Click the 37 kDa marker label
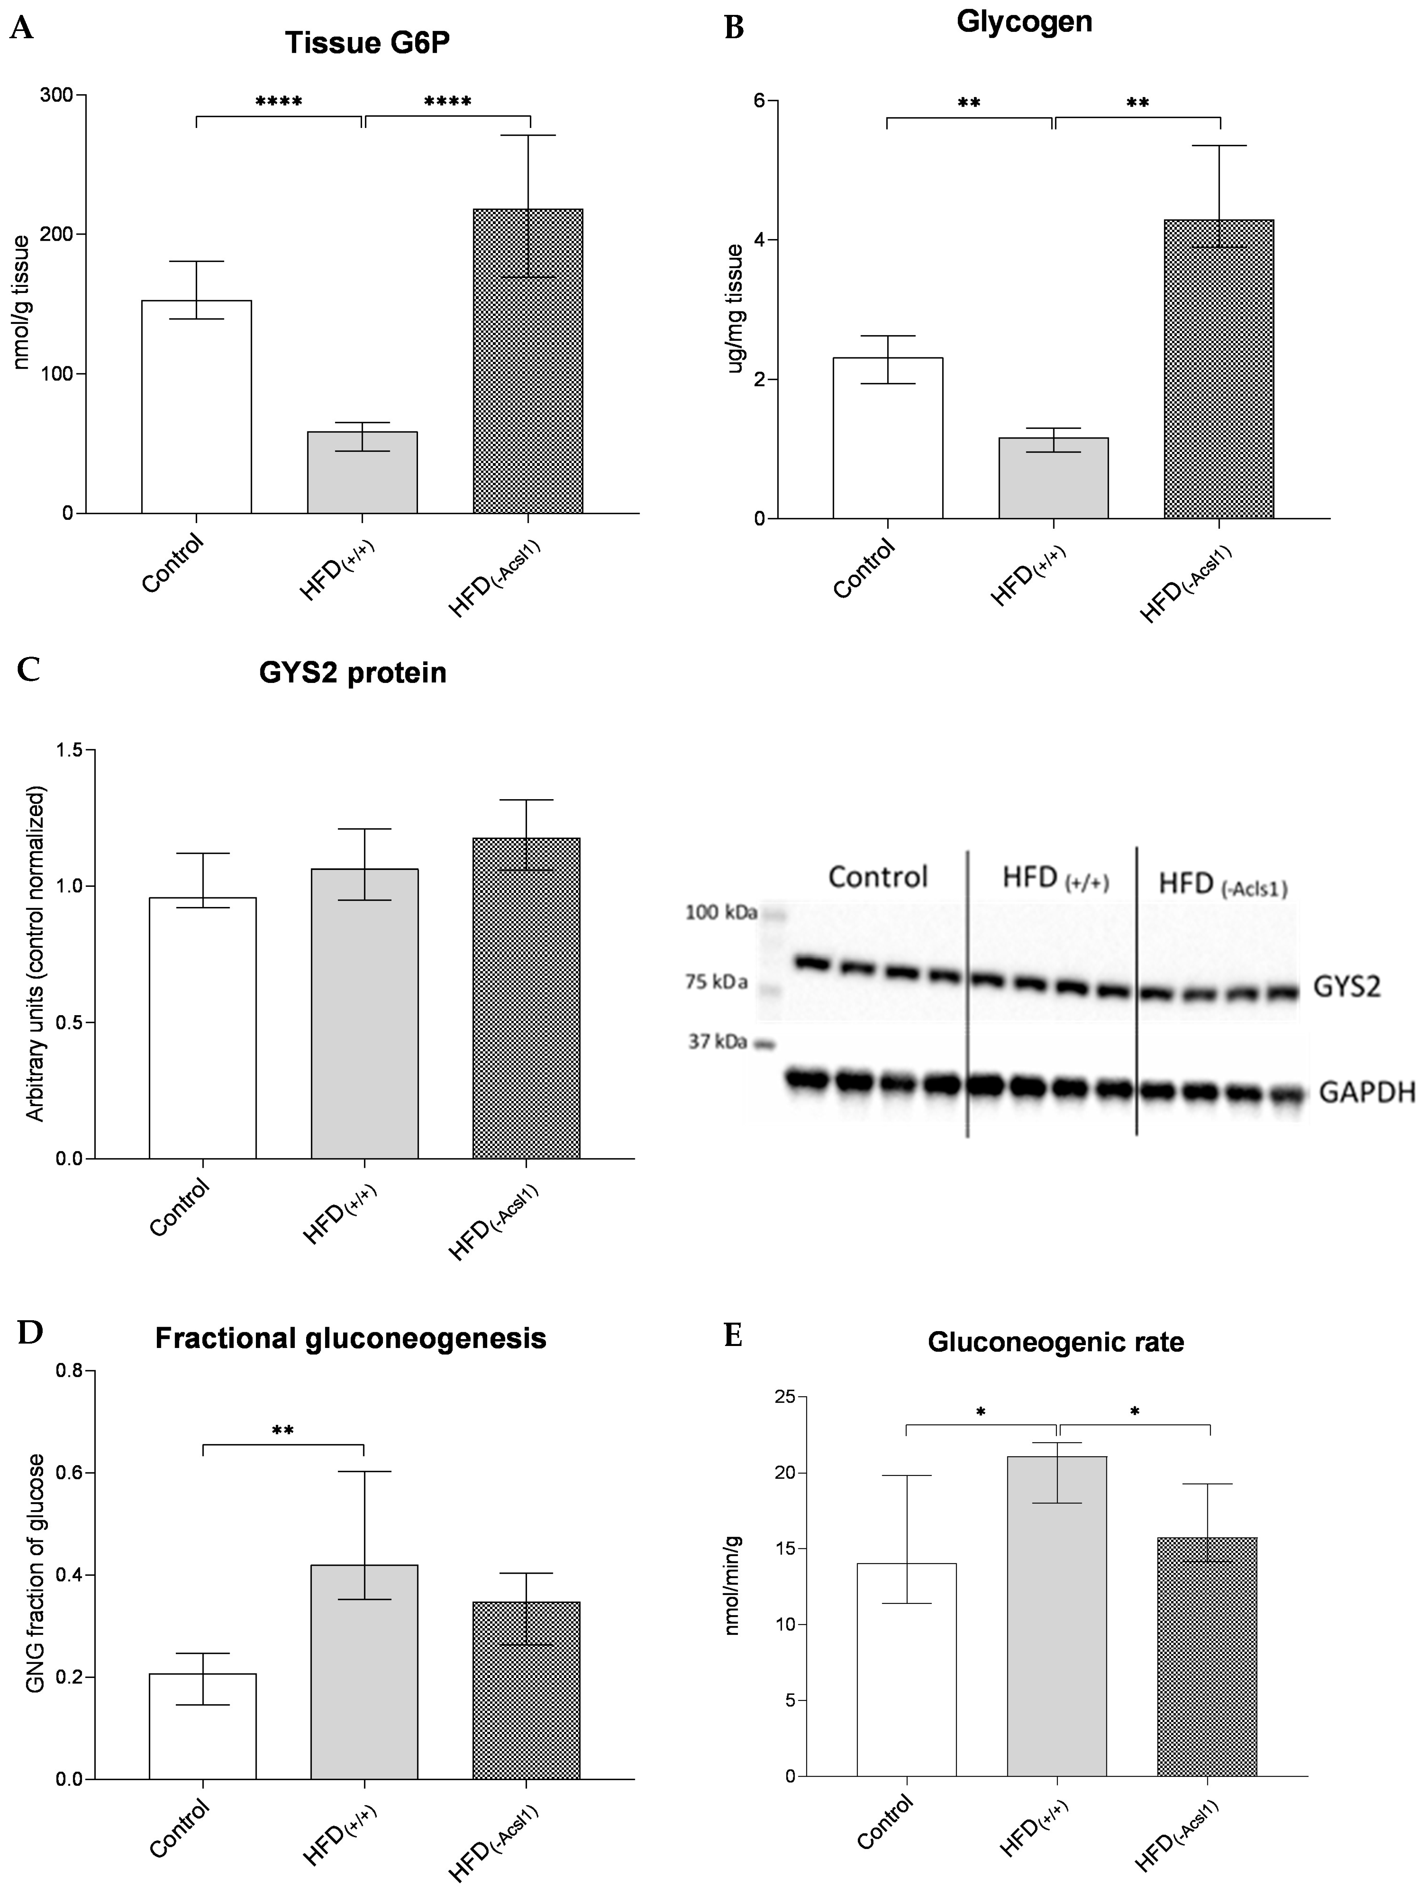pyautogui.click(x=718, y=1042)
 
